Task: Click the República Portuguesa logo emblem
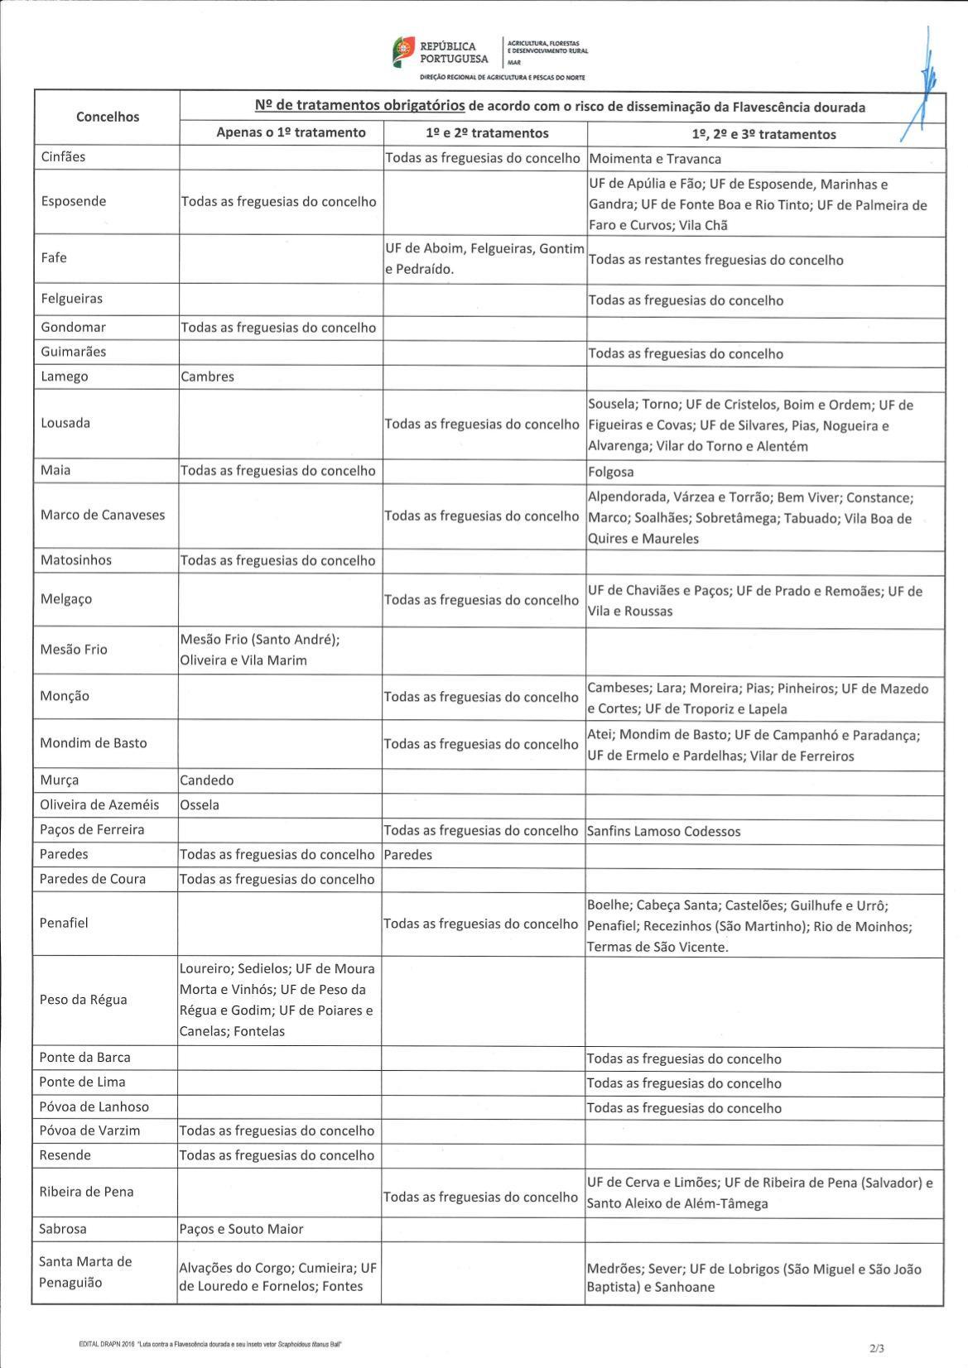403,52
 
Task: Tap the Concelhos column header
108,117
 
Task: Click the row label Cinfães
64,156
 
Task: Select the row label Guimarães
74,352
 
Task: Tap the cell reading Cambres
208,377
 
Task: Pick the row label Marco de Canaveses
103,515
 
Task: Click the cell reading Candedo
207,780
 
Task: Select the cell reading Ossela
200,805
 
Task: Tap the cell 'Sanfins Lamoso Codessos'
664,831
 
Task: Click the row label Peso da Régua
84,1000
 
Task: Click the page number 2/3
877,1348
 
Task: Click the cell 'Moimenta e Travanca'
655,159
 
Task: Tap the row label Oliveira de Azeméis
99,804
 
